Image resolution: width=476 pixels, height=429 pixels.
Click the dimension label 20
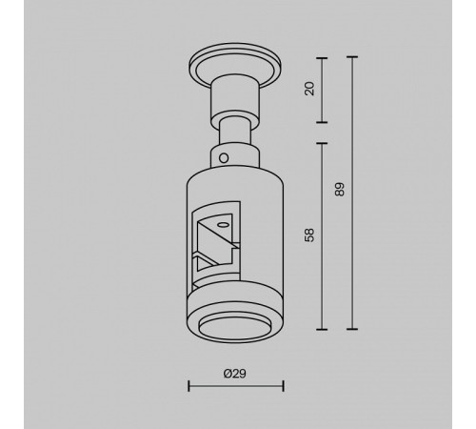click(309, 89)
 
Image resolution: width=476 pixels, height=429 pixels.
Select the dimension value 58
click(309, 235)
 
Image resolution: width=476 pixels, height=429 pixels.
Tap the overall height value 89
click(340, 190)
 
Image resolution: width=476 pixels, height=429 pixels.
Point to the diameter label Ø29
click(235, 374)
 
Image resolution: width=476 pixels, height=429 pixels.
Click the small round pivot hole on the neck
click(224, 158)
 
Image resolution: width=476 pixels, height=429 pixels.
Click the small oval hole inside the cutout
click(222, 225)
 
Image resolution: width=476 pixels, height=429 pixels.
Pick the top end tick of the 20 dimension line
click(322, 58)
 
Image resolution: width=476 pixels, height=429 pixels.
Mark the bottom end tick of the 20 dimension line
click(322, 122)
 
